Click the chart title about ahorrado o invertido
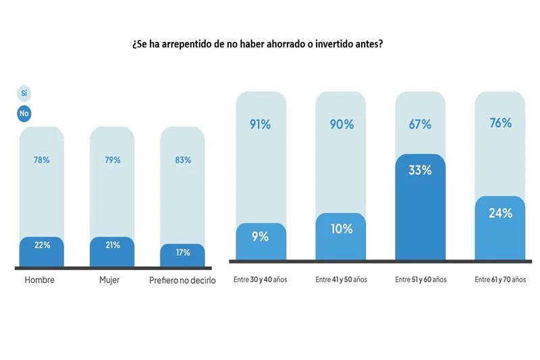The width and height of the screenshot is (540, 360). click(258, 43)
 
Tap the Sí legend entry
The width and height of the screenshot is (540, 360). click(24, 93)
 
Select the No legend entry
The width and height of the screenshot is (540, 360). click(24, 113)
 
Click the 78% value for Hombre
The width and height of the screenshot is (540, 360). click(42, 160)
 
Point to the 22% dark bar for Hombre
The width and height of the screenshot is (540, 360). click(42, 251)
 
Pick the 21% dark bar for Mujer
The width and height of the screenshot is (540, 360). click(112, 251)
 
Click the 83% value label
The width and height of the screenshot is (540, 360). click(182, 160)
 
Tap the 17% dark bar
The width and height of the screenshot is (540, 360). click(182, 255)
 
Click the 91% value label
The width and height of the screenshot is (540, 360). click(261, 124)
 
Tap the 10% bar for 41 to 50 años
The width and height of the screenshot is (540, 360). click(340, 236)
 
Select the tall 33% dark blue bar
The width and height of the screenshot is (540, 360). click(420, 207)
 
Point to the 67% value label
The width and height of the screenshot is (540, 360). click(420, 124)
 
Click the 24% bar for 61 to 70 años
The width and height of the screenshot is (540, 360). click(500, 228)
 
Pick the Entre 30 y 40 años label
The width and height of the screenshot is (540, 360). click(260, 280)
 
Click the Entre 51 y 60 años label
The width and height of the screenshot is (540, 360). click(419, 280)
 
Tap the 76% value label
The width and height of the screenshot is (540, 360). click(500, 123)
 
